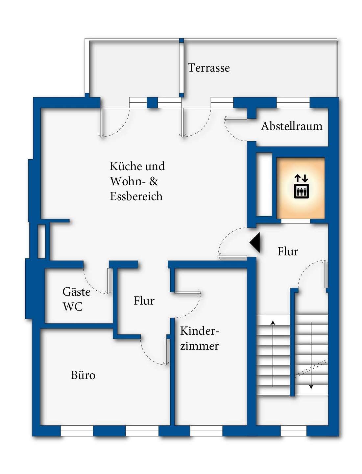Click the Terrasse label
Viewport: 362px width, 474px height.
(209, 68)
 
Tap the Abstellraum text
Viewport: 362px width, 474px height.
(292, 126)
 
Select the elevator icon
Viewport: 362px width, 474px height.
(302, 186)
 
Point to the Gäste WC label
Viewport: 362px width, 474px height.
(76, 299)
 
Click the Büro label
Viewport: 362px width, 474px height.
(83, 375)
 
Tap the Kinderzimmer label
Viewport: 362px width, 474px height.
(200, 338)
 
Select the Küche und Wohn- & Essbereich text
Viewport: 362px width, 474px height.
(137, 181)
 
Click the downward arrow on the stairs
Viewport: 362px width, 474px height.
(311, 355)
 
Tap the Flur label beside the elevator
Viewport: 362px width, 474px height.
(288, 251)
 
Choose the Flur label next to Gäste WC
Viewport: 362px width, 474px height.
(144, 301)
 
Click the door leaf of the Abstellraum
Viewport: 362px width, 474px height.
(236, 118)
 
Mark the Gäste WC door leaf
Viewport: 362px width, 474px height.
(109, 281)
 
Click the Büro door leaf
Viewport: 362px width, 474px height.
(166, 352)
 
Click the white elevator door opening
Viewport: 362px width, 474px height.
(296, 221)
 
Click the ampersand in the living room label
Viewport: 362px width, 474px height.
(154, 181)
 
